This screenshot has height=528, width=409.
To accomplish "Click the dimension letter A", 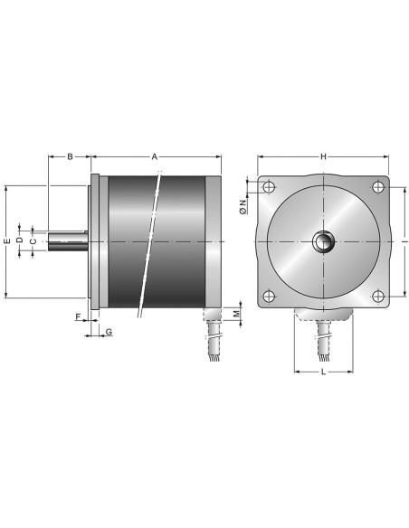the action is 155,156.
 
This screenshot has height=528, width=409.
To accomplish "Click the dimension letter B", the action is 70,156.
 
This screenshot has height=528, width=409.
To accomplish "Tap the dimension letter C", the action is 33,241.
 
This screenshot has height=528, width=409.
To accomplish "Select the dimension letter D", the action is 20,240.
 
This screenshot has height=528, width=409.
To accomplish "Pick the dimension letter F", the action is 78,316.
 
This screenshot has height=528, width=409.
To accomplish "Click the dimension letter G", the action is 109,332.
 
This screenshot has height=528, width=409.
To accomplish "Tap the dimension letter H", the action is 323,156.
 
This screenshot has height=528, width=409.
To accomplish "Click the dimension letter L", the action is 324,372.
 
